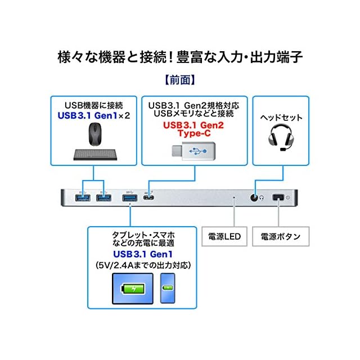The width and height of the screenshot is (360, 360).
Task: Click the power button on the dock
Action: click(x=277, y=198)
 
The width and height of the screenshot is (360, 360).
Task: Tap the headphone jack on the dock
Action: click(x=256, y=198)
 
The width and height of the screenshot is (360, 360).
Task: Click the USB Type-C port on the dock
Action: click(x=148, y=197)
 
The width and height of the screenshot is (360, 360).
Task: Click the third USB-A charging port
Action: click(x=130, y=198)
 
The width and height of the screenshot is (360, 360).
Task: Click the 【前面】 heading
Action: click(x=179, y=80)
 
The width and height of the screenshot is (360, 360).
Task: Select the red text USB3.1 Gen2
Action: click(x=191, y=125)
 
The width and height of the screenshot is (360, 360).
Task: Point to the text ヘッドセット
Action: click(x=281, y=118)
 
